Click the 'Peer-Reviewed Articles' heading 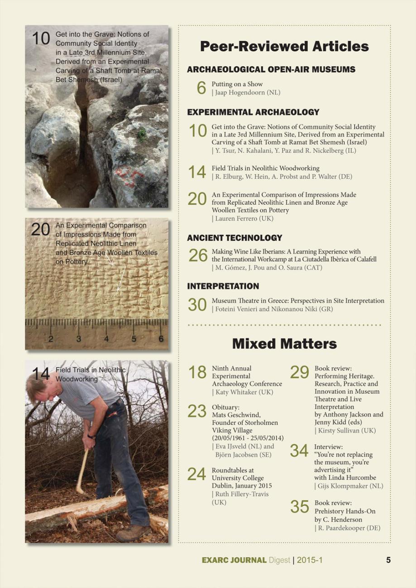point(284,46)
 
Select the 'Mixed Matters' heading point(284,344)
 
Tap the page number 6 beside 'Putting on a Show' point(202,88)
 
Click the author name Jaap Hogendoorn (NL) point(247,92)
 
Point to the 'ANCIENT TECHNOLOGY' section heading point(234,237)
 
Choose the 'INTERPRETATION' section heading point(223,286)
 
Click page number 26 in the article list point(198,256)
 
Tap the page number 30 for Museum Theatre point(197,304)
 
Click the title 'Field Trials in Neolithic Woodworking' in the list point(265,168)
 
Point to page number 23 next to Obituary point(197,411)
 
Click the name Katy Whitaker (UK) point(244,392)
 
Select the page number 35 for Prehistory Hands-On point(300,507)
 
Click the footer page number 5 point(388,560)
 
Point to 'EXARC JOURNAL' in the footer point(234,560)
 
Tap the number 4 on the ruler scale point(106,339)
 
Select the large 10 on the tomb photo point(41,39)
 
